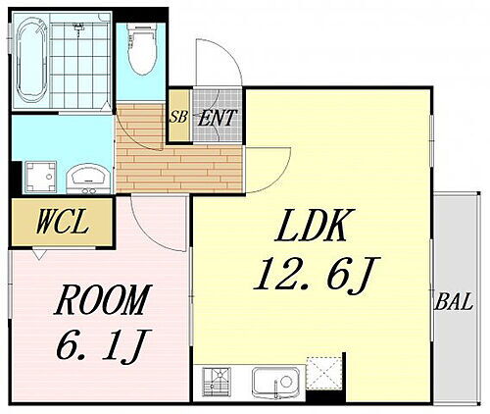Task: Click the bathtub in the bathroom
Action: tap(31, 60)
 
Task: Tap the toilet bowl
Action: tap(142, 49)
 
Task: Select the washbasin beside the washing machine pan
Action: tap(88, 179)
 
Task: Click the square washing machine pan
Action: tap(40, 177)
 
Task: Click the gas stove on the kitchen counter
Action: tap(217, 382)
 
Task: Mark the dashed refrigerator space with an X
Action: tap(323, 373)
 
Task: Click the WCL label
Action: tap(62, 222)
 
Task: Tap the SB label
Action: tap(178, 117)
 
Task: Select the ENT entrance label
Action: tap(217, 118)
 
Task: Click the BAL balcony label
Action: tap(454, 301)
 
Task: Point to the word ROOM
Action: tap(103, 299)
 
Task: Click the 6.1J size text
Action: tap(103, 344)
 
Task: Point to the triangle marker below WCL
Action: tap(39, 254)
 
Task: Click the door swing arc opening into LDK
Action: tap(281, 178)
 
